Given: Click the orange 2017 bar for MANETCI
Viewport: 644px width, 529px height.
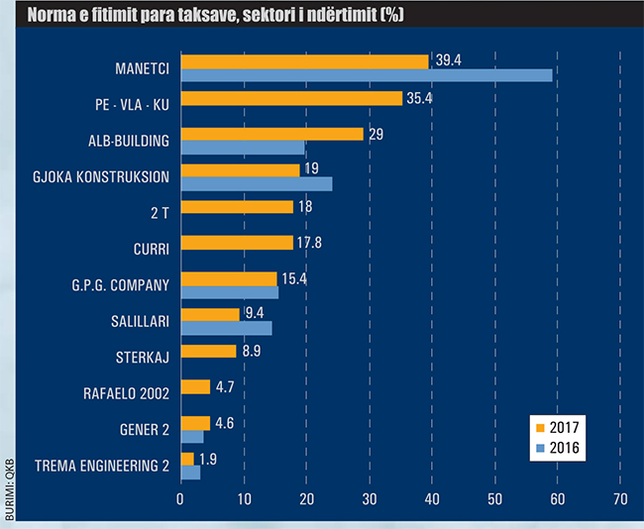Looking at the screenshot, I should pos(304,61).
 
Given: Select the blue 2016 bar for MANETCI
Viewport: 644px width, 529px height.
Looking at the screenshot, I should pos(367,75).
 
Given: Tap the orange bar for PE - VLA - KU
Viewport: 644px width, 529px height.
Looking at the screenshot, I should pos(291,98).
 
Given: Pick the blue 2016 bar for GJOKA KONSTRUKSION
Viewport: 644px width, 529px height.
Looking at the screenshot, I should pos(257,183).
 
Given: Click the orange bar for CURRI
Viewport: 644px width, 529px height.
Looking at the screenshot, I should pos(237,243).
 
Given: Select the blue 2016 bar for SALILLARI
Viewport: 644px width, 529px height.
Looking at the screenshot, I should pos(226,328).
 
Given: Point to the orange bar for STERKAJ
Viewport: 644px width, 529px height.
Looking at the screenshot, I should pos(209,351).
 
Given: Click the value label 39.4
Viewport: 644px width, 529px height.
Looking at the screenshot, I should pos(449,61).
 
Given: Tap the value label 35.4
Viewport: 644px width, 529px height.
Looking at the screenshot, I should pos(423,98).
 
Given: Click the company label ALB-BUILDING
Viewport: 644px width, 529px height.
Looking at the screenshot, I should pos(129,141).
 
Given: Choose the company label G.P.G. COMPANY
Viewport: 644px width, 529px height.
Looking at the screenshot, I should pos(121,285).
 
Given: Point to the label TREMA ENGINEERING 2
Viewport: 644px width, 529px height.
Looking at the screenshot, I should pos(102,466).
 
